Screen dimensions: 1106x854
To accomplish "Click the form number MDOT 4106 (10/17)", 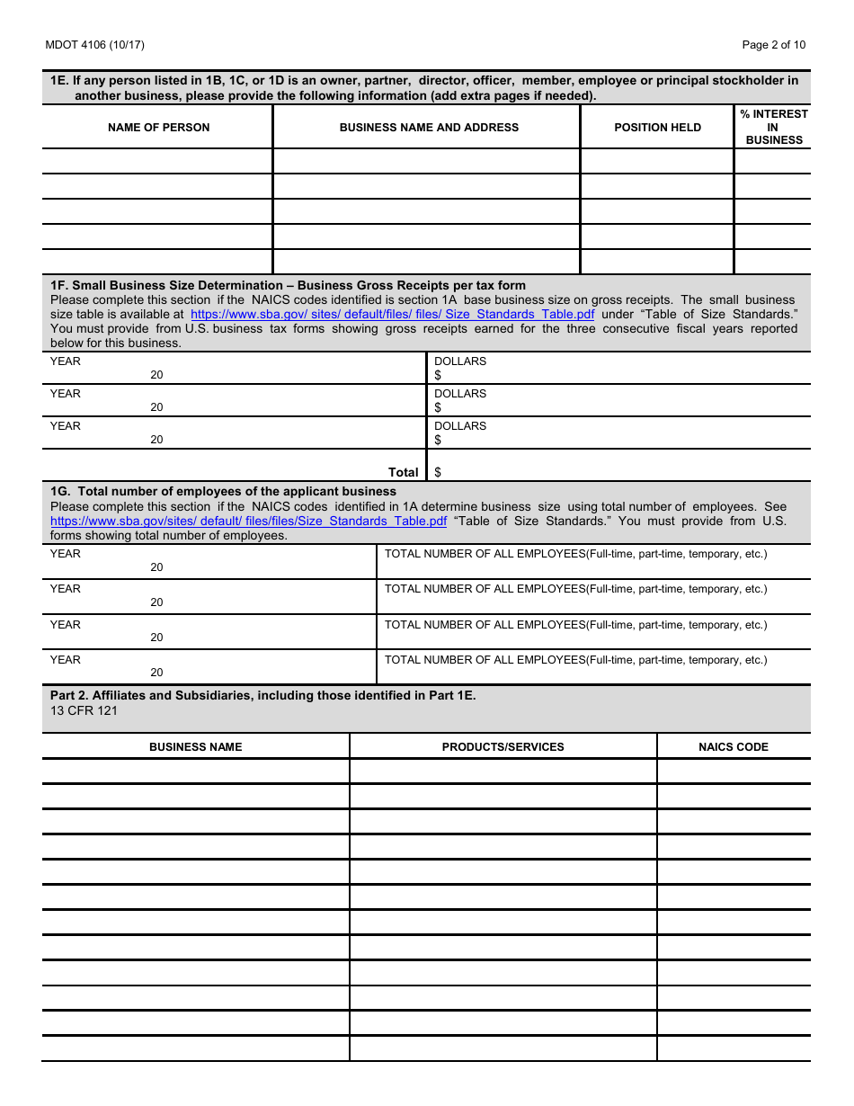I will click(x=94, y=45).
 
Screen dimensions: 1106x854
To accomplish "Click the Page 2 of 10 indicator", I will click(x=773, y=45).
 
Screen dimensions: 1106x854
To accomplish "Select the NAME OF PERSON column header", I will click(x=158, y=128).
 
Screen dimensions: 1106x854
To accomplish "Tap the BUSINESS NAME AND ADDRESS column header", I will click(x=429, y=128).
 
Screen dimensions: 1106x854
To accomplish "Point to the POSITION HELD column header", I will click(x=657, y=128).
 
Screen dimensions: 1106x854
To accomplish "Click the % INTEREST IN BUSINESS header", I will click(x=773, y=127).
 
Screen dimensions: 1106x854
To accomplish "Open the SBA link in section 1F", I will click(x=392, y=315).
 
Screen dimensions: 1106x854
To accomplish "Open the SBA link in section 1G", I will click(x=248, y=522).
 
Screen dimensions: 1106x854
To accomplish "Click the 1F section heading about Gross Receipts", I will click(x=288, y=286).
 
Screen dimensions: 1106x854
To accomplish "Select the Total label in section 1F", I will click(x=403, y=472).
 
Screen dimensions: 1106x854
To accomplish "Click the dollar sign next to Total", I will click(x=438, y=472).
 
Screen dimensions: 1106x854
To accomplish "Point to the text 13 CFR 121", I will click(x=84, y=711).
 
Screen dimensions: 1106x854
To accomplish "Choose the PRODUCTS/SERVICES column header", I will click(x=503, y=747).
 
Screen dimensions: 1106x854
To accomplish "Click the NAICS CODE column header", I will click(x=734, y=747).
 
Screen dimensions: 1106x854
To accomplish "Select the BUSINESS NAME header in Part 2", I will click(x=195, y=747).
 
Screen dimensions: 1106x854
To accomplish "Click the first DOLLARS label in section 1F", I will click(x=460, y=361).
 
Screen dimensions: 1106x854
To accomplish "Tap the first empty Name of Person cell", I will click(x=157, y=162).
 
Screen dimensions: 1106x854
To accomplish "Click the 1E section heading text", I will click(x=423, y=88).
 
